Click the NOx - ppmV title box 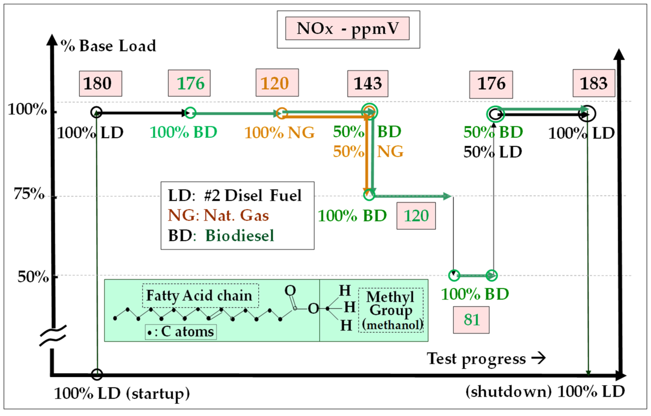coord(347,29)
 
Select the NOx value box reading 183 coord(594,83)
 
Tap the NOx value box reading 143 coord(368,83)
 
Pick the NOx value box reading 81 coord(471,320)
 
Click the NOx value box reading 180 coord(100,83)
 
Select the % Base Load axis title coord(108,46)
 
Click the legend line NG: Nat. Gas coord(219,215)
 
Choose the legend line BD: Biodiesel coord(221,235)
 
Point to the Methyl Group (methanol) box coord(391,310)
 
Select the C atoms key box coord(181,332)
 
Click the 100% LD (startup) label coord(122,394)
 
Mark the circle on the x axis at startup coord(97,374)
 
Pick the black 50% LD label coord(493,152)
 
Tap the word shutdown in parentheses coord(508,392)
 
